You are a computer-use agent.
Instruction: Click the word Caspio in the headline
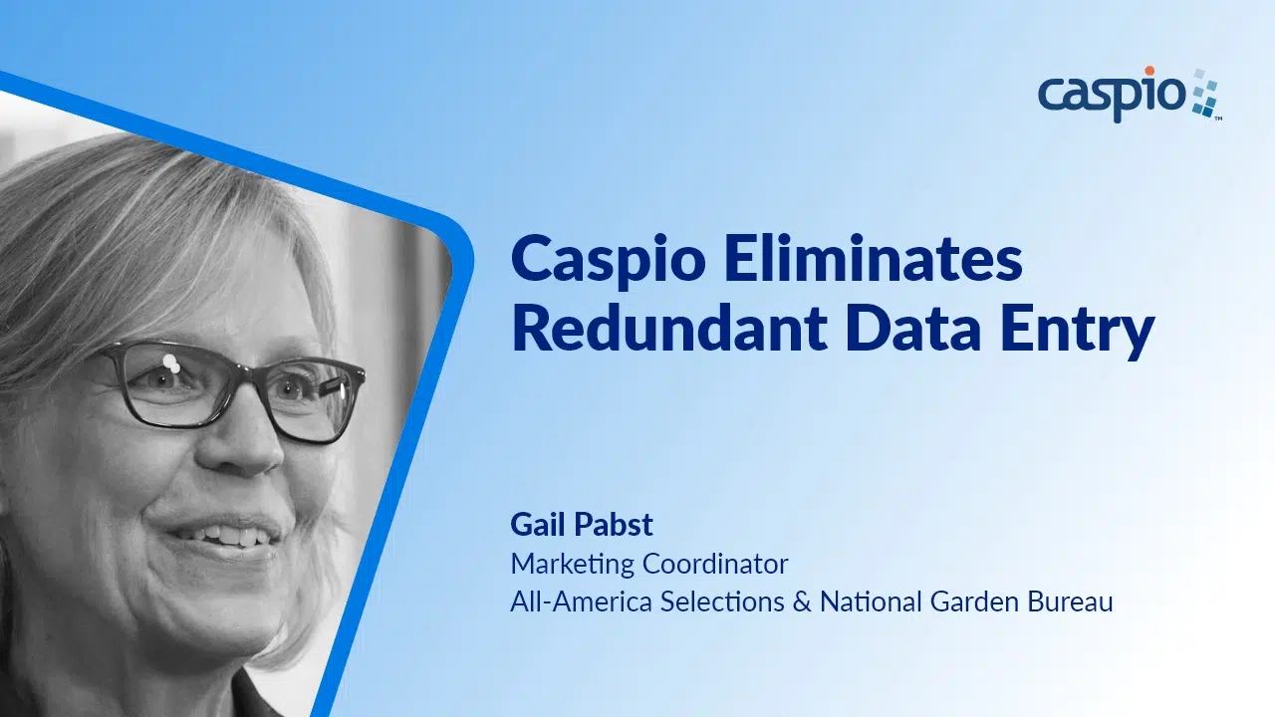click(x=609, y=262)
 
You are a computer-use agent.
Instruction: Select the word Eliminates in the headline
click(x=874, y=258)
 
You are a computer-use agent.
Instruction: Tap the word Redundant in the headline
click(x=669, y=329)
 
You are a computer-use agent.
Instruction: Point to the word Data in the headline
click(x=913, y=330)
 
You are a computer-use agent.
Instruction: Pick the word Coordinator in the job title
click(x=715, y=564)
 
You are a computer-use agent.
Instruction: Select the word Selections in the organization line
click(x=722, y=601)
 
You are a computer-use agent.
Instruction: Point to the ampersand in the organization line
click(x=802, y=602)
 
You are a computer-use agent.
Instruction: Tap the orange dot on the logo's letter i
click(x=1149, y=71)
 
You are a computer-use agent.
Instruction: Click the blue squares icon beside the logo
click(x=1206, y=94)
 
